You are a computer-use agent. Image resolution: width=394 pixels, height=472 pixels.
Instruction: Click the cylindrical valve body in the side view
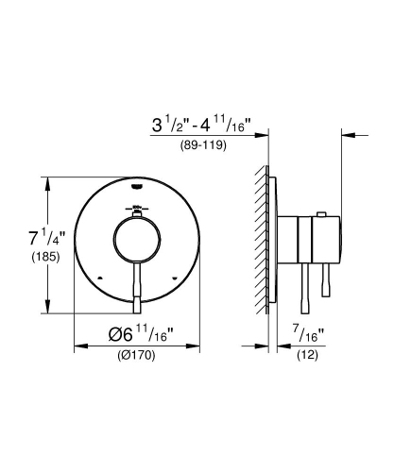(x=313, y=241)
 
